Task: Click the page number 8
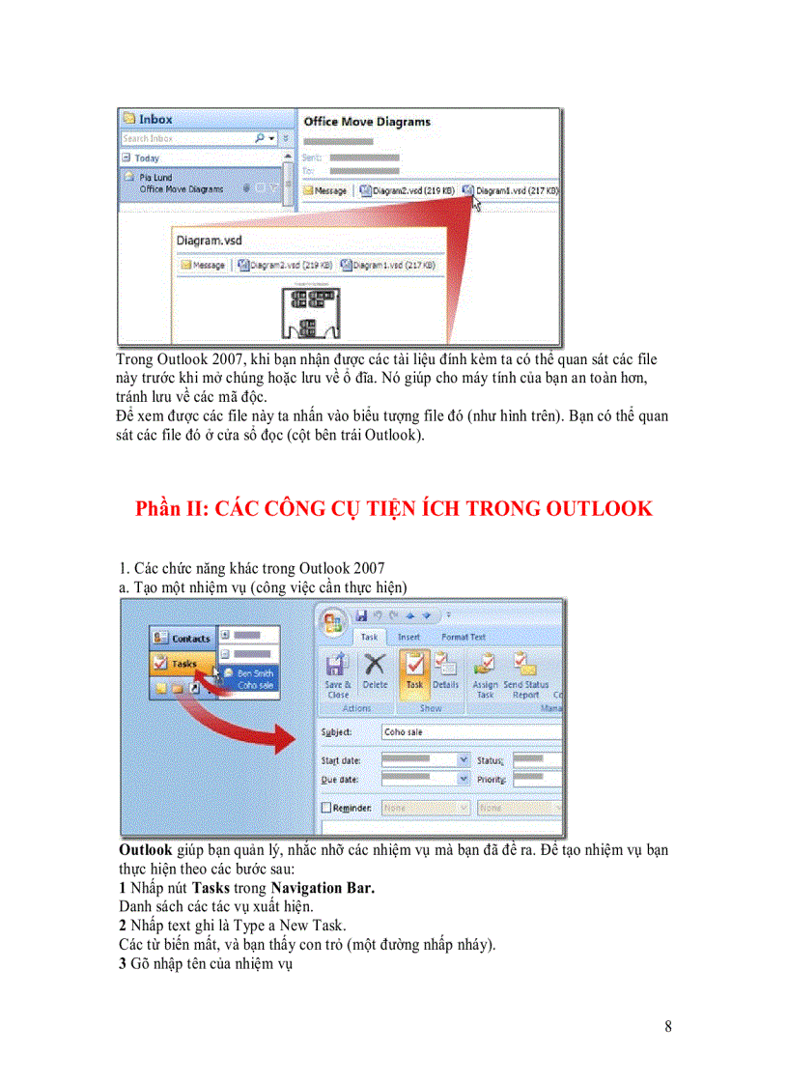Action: pyautogui.click(x=668, y=1026)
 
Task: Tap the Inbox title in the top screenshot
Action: pyautogui.click(x=155, y=119)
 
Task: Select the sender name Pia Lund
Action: pyautogui.click(x=156, y=178)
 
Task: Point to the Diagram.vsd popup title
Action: pyautogui.click(x=209, y=240)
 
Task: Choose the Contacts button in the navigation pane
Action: pyautogui.click(x=183, y=638)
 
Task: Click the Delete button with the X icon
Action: pyautogui.click(x=375, y=672)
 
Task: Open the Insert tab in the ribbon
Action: pyautogui.click(x=408, y=637)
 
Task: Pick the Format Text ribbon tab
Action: pyautogui.click(x=464, y=637)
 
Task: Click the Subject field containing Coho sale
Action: pyautogui.click(x=469, y=732)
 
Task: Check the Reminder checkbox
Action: pyautogui.click(x=326, y=807)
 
